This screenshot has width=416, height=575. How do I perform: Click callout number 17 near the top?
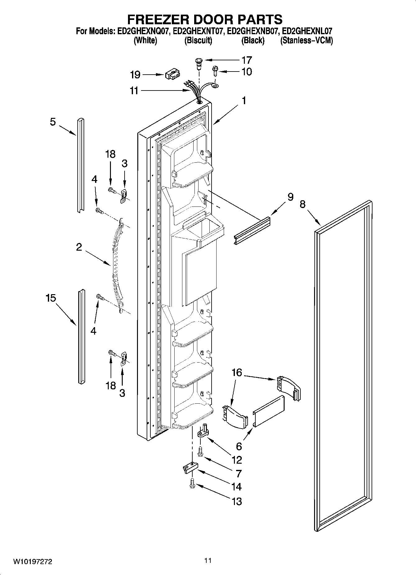click(247, 60)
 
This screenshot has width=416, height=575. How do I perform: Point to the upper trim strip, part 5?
click(80, 165)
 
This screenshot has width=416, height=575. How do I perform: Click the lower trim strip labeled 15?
click(81, 336)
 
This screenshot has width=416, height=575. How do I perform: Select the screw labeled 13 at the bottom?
click(192, 491)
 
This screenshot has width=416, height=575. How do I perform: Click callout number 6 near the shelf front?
click(239, 446)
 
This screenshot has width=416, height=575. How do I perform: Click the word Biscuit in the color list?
click(198, 40)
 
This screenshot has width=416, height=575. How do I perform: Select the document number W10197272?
click(32, 561)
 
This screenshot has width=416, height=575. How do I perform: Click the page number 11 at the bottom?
click(208, 560)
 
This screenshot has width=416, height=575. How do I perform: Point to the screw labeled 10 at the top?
click(215, 71)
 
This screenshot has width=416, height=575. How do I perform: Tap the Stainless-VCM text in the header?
click(306, 40)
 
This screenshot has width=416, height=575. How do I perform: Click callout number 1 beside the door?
click(244, 100)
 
